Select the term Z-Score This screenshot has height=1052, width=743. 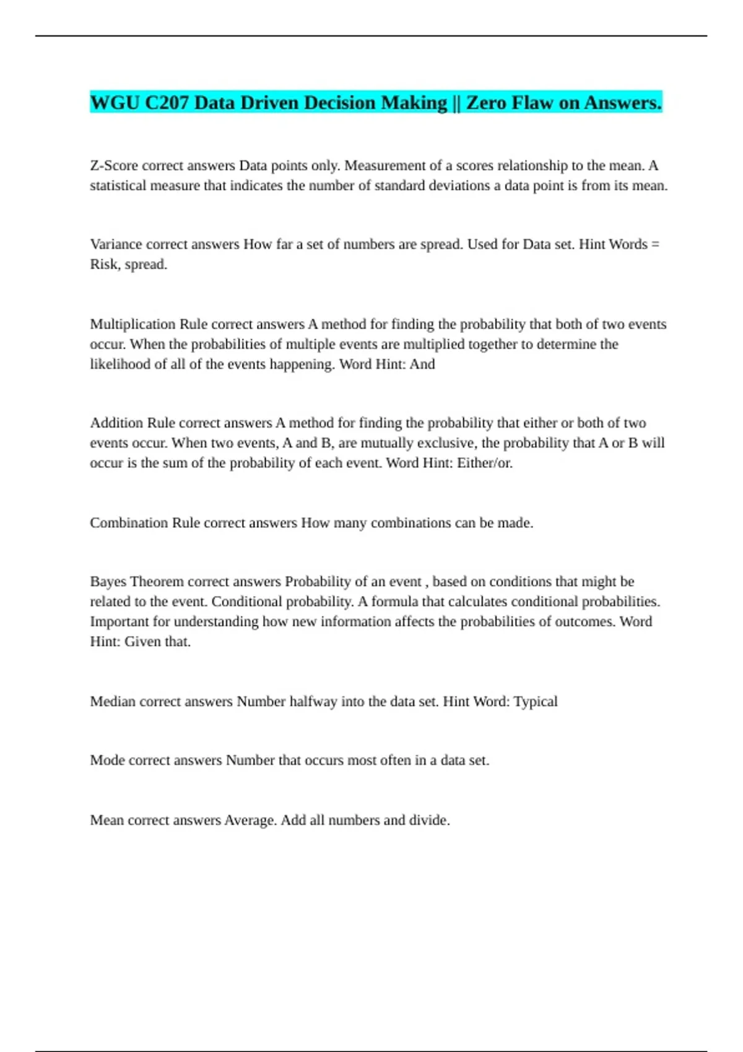tap(113, 166)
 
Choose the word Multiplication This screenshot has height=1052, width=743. tap(133, 324)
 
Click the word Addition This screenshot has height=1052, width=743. tap(116, 423)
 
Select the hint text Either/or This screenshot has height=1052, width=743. tap(485, 463)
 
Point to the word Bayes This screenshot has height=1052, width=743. tap(108, 582)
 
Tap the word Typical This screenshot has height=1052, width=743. tap(536, 702)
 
